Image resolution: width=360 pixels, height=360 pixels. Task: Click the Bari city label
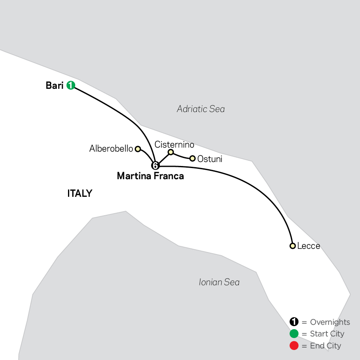[x=55, y=86]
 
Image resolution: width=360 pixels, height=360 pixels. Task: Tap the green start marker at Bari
[x=71, y=85]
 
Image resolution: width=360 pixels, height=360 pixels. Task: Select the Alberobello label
[x=111, y=148]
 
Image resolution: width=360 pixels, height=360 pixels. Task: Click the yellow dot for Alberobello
[x=138, y=149]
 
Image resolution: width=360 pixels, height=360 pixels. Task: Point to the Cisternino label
[x=174, y=145]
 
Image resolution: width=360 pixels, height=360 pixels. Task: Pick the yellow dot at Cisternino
[x=170, y=152]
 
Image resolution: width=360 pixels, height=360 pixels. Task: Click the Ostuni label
[x=210, y=159]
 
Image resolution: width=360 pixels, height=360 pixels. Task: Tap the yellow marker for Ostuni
[x=192, y=158]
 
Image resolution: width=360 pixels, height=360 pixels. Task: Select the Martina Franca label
[x=150, y=176]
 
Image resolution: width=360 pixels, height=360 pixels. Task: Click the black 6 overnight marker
[x=156, y=166]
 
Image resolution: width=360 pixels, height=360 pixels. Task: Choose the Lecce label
[x=308, y=246]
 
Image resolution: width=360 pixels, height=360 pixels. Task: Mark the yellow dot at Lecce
[x=292, y=246]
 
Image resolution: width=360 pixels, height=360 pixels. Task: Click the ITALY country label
[x=80, y=193]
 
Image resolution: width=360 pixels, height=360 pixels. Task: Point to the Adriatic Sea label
[x=201, y=109]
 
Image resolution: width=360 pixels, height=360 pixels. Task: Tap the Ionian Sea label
[x=219, y=282]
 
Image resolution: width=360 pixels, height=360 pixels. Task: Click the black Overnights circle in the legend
[x=294, y=322]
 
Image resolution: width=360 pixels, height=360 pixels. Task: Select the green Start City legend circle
[x=294, y=334]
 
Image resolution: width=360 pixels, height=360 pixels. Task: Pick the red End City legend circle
[x=294, y=346]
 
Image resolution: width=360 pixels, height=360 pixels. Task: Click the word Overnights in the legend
[x=330, y=322]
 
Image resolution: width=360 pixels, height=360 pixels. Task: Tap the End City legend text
[x=326, y=346]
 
